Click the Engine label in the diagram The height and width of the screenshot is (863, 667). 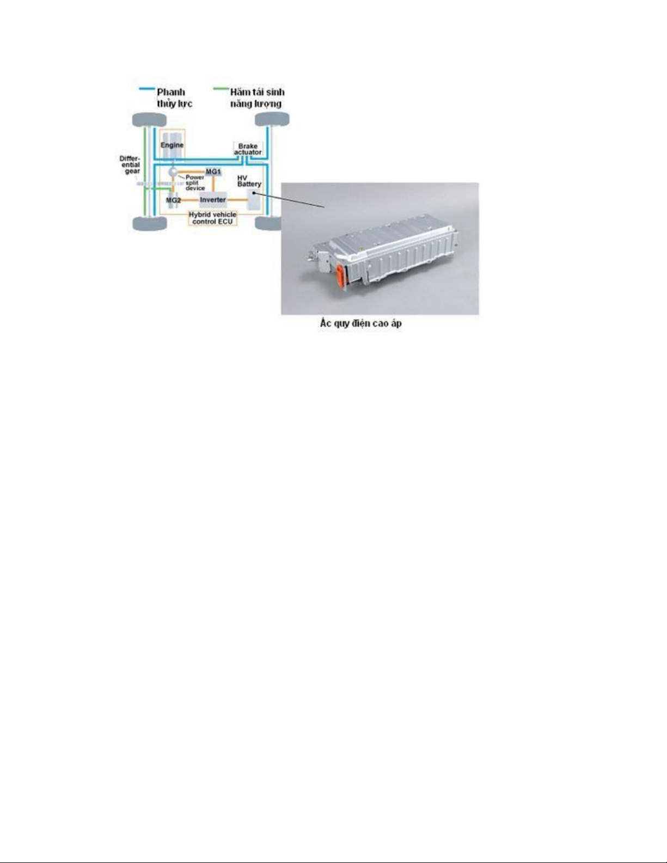click(x=172, y=145)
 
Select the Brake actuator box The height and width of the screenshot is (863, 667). click(x=248, y=149)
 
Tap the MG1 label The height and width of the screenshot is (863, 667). click(x=213, y=172)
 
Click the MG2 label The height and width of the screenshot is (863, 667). click(x=173, y=200)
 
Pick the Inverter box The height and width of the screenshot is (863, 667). click(x=213, y=200)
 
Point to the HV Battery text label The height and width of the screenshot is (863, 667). click(x=249, y=181)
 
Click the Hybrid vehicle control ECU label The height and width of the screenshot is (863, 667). click(x=212, y=218)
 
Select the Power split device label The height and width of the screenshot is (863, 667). click(x=195, y=183)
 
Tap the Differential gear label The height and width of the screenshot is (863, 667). click(x=130, y=165)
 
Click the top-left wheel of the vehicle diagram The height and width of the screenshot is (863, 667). click(x=149, y=120)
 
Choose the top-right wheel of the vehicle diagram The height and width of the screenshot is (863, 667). click(x=272, y=119)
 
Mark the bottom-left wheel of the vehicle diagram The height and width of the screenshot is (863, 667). click(x=149, y=224)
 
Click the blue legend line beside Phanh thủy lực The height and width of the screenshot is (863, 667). click(x=147, y=89)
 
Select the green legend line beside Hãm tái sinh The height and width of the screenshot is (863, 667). click(x=221, y=89)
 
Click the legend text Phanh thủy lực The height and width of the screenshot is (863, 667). click(x=174, y=97)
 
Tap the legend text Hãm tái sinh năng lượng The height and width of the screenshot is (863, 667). click(x=257, y=97)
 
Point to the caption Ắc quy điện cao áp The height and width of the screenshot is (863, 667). click(x=361, y=323)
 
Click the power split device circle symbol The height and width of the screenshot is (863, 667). click(x=173, y=172)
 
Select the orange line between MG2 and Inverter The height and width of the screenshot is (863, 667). click(x=190, y=200)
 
